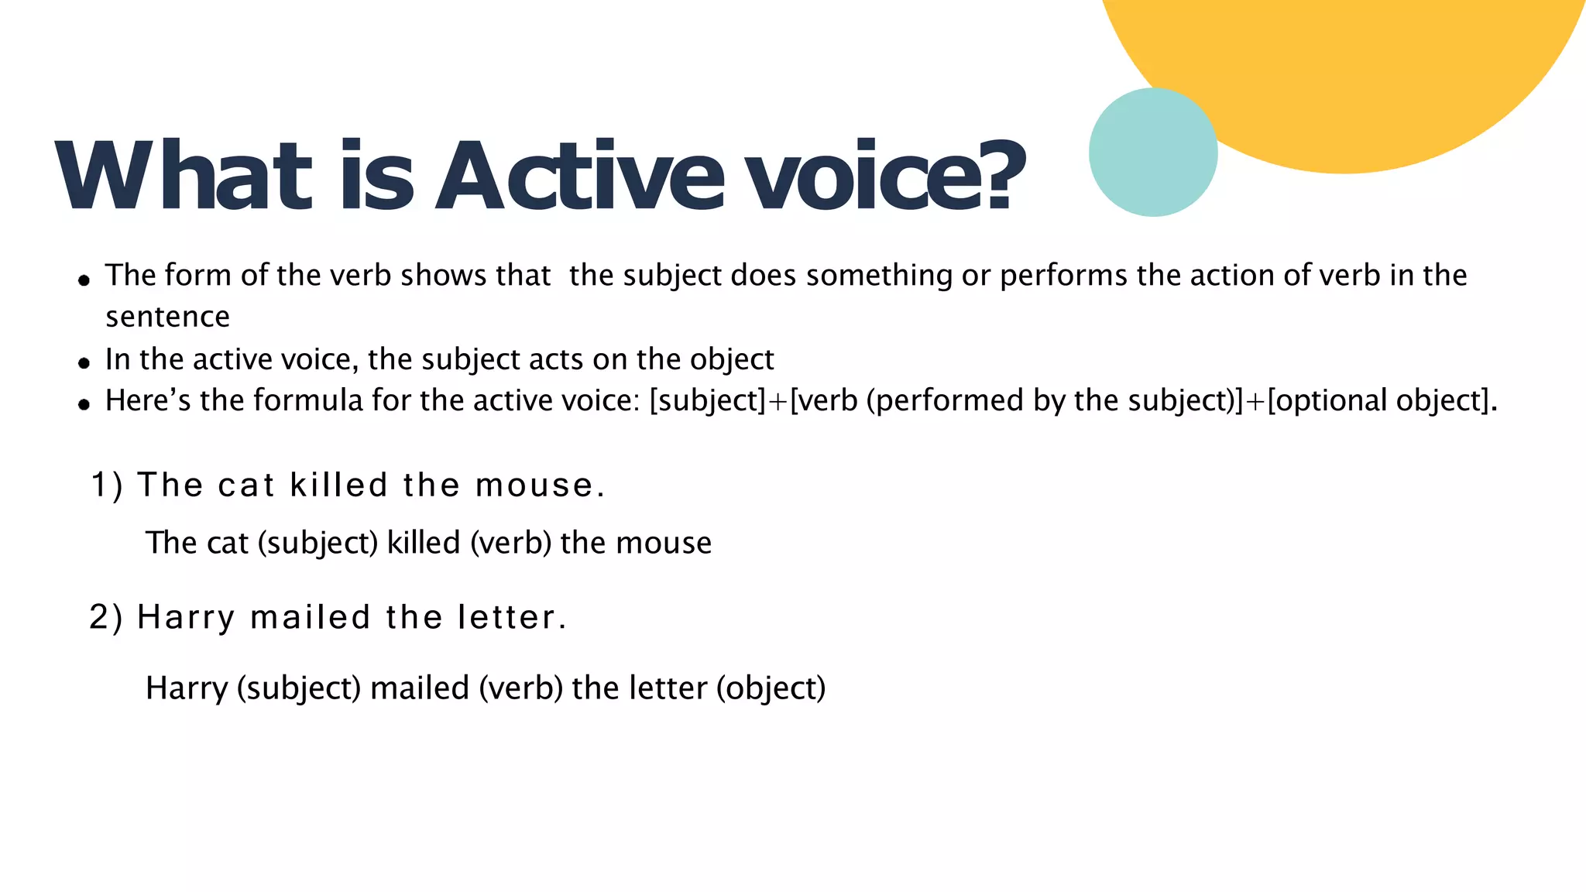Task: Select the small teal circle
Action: [1153, 153]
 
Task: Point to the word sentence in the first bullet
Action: [167, 317]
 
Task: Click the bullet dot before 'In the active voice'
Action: [84, 362]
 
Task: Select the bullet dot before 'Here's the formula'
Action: [84, 403]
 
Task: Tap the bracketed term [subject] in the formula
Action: [708, 401]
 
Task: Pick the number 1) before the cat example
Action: [107, 485]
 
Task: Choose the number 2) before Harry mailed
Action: [106, 618]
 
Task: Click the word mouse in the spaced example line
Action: [534, 485]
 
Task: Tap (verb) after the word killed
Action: [511, 543]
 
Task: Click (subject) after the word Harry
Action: [299, 688]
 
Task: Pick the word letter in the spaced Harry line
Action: [506, 618]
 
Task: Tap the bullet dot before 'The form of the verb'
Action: [84, 280]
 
